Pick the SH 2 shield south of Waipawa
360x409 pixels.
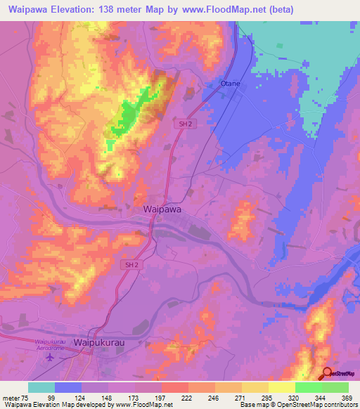point(129,264)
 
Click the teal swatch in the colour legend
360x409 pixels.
point(41,387)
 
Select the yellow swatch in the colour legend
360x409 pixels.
point(282,387)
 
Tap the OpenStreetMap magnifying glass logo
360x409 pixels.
point(326,372)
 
